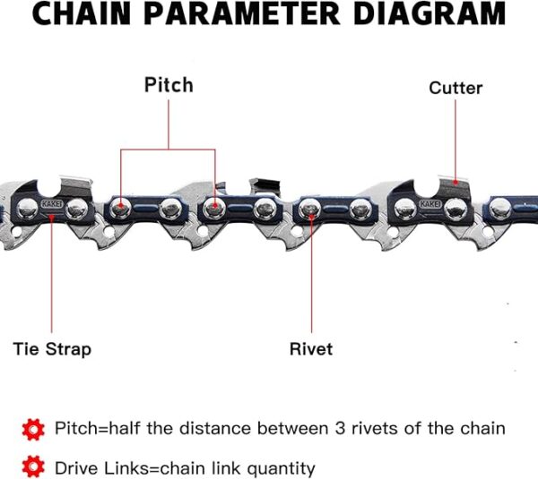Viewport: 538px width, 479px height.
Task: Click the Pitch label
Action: pos(169,85)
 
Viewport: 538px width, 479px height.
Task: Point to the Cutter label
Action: pos(456,88)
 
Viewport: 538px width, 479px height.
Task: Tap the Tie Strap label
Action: pos(52,348)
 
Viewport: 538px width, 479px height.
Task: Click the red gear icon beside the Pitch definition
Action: pos(33,428)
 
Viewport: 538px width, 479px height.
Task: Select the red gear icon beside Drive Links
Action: pos(33,466)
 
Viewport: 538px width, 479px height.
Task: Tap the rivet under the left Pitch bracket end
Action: pos(120,210)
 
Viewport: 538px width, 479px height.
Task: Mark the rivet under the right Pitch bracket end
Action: pos(215,210)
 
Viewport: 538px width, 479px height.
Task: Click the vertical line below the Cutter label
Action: pos(456,139)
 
